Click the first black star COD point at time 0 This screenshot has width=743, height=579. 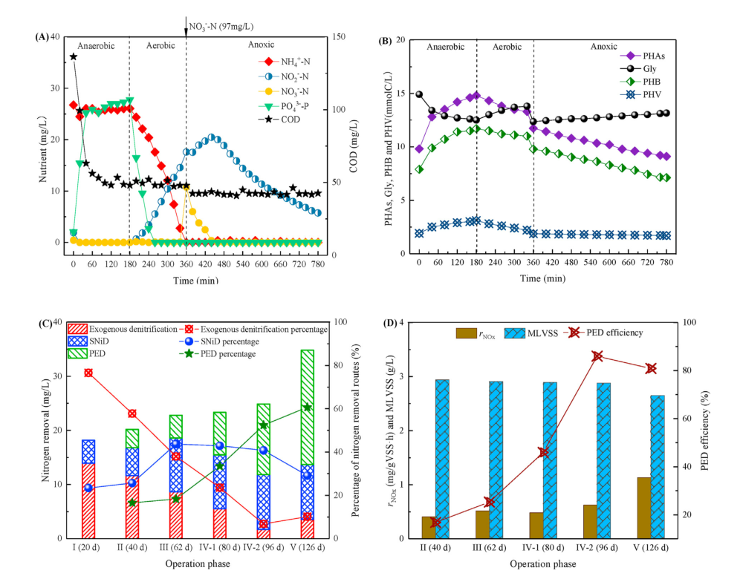click(x=73, y=56)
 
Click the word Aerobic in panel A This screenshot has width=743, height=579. click(x=157, y=45)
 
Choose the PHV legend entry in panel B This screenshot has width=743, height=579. click(x=641, y=94)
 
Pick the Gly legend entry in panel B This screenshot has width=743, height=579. click(x=640, y=68)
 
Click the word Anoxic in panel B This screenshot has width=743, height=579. click(x=603, y=46)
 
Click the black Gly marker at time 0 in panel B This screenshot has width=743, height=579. click(x=419, y=94)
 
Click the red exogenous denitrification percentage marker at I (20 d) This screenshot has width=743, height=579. click(x=88, y=373)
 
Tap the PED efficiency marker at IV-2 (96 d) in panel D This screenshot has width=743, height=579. click(x=597, y=356)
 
